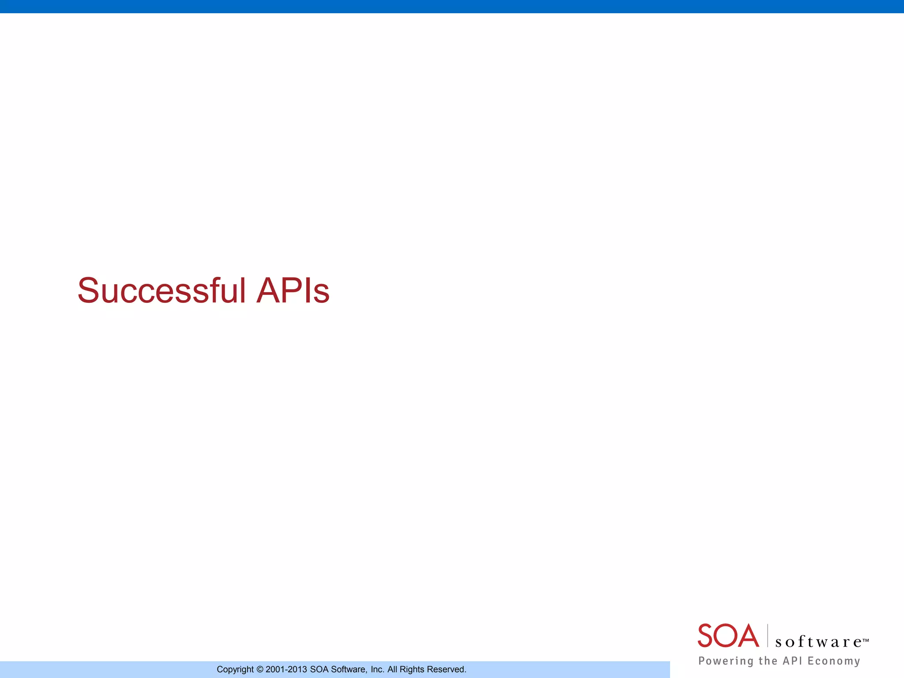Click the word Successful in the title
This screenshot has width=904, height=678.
click(x=162, y=290)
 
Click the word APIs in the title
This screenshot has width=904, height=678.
click(x=293, y=290)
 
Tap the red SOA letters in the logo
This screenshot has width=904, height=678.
click(x=728, y=636)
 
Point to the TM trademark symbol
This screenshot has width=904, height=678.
click(x=866, y=639)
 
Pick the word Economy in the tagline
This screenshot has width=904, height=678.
click(x=834, y=661)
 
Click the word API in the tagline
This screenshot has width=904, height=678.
click(x=792, y=660)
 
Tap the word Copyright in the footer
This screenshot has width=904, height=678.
click(x=235, y=670)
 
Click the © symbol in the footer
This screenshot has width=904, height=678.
click(x=260, y=670)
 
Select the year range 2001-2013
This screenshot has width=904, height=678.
click(x=286, y=670)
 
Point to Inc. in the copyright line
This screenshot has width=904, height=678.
click(x=377, y=670)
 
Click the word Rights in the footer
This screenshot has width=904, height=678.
click(x=411, y=670)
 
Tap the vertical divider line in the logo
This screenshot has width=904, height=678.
click(x=768, y=636)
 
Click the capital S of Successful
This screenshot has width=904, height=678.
click(x=88, y=290)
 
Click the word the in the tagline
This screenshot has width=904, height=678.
click(x=768, y=660)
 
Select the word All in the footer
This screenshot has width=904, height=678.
click(x=392, y=670)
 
